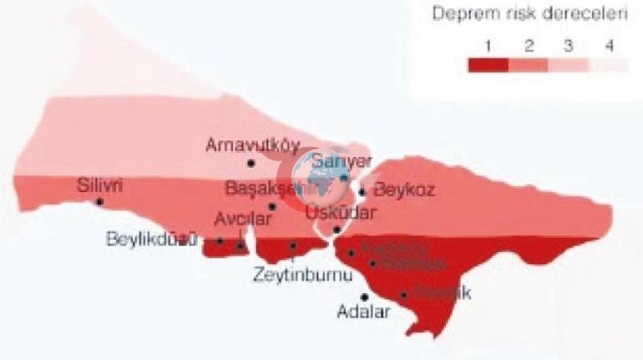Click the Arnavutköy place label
pyautogui.click(x=252, y=144)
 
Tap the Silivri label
pyautogui.click(x=99, y=185)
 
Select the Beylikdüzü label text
pyautogui.click(x=151, y=240)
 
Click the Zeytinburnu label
pyautogui.click(x=294, y=273)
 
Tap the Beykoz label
pyautogui.click(x=404, y=190)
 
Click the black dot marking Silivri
pyautogui.click(x=99, y=202)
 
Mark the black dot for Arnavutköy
pyautogui.click(x=251, y=162)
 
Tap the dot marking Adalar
pyautogui.click(x=364, y=297)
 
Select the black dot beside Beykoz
pyautogui.click(x=362, y=191)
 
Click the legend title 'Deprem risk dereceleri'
pyautogui.click(x=529, y=14)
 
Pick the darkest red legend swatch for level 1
pyautogui.click(x=488, y=65)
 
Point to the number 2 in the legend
pyautogui.click(x=529, y=45)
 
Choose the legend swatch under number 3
pyautogui.click(x=569, y=65)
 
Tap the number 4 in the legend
pyautogui.click(x=609, y=45)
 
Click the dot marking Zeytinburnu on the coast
pyautogui.click(x=293, y=246)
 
